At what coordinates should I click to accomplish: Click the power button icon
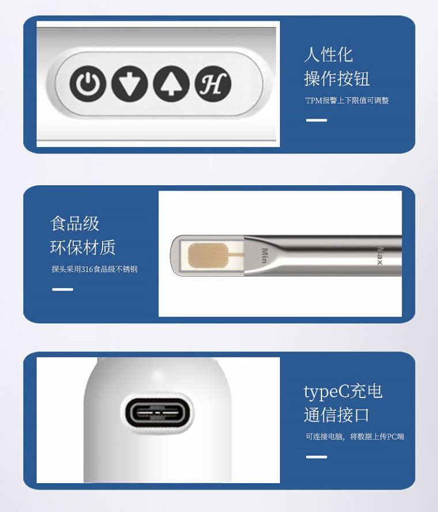pyautogui.click(x=88, y=83)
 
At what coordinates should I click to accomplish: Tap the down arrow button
pyautogui.click(x=130, y=83)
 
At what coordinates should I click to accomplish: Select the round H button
pyautogui.click(x=213, y=83)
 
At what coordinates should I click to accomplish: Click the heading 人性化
pyautogui.click(x=328, y=55)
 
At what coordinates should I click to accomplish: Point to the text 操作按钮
pyautogui.click(x=337, y=79)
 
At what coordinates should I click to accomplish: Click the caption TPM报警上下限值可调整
pyautogui.click(x=347, y=100)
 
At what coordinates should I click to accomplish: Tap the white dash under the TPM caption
pyautogui.click(x=316, y=120)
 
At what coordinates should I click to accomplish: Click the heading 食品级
pyautogui.click(x=74, y=224)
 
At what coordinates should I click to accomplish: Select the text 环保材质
pyautogui.click(x=83, y=247)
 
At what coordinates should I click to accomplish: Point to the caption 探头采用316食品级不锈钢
pyautogui.click(x=95, y=269)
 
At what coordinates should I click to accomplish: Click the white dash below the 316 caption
pyautogui.click(x=62, y=289)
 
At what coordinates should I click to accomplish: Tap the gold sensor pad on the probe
pyautogui.click(x=208, y=255)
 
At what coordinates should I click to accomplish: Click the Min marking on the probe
pyautogui.click(x=265, y=255)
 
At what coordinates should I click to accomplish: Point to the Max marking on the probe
pyautogui.click(x=379, y=255)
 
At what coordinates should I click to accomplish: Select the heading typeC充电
pyautogui.click(x=343, y=391)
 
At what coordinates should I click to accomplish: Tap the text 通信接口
pyautogui.click(x=337, y=415)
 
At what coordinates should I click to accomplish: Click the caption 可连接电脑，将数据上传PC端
pyautogui.click(x=355, y=437)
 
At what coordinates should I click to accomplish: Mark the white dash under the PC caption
pyautogui.click(x=316, y=457)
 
